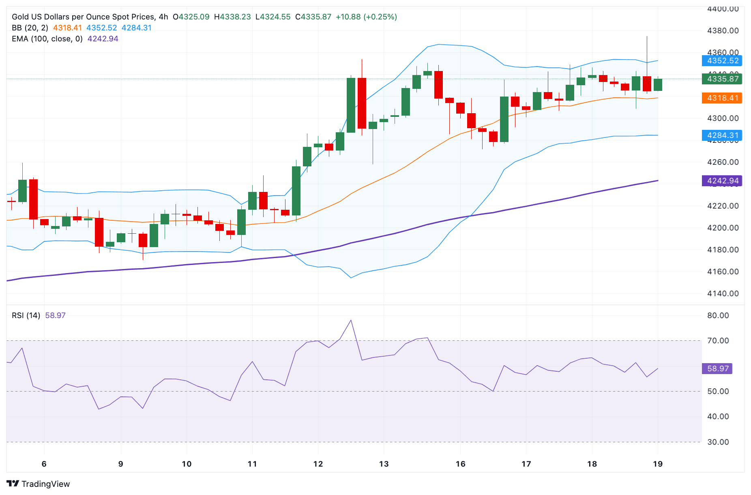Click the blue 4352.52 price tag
(x=722, y=61)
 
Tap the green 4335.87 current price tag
(x=722, y=79)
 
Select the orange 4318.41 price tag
(x=722, y=98)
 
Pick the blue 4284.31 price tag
(x=722, y=136)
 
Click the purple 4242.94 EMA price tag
(x=722, y=181)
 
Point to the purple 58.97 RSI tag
(x=717, y=369)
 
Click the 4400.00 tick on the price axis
(x=723, y=9)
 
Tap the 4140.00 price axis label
(x=723, y=293)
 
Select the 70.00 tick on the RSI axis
(x=718, y=340)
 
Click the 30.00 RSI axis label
(x=718, y=442)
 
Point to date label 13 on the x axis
(x=384, y=464)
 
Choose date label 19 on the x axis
(x=658, y=464)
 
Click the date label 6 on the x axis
(x=44, y=464)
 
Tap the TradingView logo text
(x=45, y=484)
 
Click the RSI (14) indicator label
(x=26, y=315)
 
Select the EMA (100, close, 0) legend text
(x=47, y=39)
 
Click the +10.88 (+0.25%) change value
(x=366, y=17)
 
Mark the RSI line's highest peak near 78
(x=351, y=320)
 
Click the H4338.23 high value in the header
(x=232, y=17)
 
